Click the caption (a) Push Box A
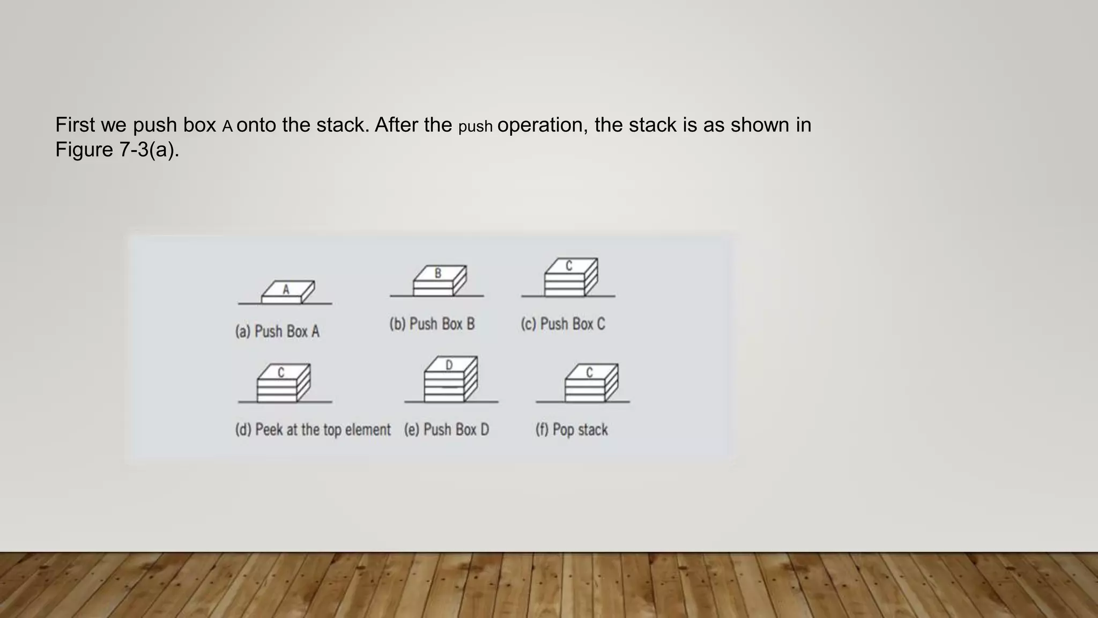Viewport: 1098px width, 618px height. (277, 332)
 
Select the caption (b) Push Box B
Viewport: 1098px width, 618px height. (432, 324)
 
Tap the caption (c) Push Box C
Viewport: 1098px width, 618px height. (562, 324)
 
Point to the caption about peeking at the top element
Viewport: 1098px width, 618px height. (313, 430)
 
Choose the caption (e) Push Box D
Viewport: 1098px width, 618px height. (446, 430)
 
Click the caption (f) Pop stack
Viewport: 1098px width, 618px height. (572, 430)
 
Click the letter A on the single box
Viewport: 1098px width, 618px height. (286, 290)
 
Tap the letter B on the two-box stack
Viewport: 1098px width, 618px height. (438, 273)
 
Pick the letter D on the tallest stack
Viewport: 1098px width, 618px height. (449, 365)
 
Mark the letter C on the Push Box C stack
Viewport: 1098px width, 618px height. (569, 266)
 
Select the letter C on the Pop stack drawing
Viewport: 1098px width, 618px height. (589, 372)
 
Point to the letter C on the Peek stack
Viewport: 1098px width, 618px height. (281, 372)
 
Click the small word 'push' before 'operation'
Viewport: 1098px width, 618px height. (475, 127)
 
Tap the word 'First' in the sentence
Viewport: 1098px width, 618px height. (75, 124)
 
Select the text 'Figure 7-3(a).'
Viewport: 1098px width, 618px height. (117, 149)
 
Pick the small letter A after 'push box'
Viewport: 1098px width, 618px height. (227, 127)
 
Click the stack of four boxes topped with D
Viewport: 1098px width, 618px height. (450, 381)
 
